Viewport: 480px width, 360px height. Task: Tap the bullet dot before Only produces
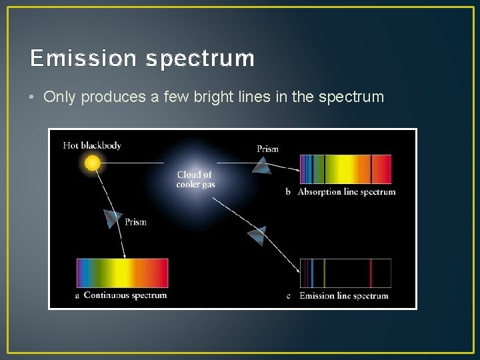[x=33, y=97]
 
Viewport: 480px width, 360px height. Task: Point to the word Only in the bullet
[x=58, y=97]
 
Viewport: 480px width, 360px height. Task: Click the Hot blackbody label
[x=92, y=145]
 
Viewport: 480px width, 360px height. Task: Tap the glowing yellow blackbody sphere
[x=93, y=162]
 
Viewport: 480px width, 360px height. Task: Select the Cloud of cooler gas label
[x=195, y=179]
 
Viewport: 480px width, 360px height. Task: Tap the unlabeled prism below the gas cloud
[x=257, y=235]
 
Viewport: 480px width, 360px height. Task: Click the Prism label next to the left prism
[x=135, y=222]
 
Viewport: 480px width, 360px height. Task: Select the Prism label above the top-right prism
[x=267, y=149]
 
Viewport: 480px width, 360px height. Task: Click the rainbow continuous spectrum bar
[x=122, y=273]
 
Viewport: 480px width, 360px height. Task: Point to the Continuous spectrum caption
[x=125, y=295]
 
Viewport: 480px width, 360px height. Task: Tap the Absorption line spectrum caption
[x=346, y=192]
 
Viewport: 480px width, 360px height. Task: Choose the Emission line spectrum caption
[x=343, y=296]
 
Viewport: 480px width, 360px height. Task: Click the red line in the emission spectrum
[x=371, y=273]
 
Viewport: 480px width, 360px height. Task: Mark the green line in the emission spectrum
[x=324, y=273]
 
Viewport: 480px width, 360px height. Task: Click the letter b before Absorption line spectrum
[x=288, y=192]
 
